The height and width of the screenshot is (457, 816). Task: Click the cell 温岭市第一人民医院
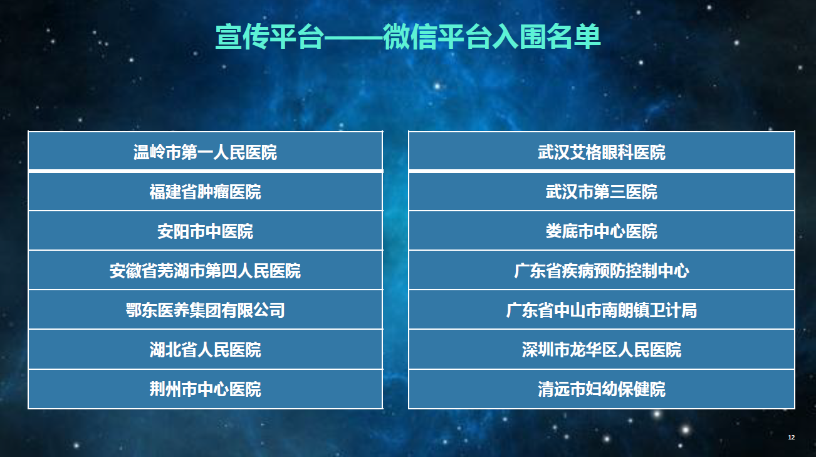click(206, 151)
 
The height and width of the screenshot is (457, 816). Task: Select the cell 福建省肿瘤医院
click(206, 192)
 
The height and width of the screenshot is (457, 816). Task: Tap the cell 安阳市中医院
click(206, 231)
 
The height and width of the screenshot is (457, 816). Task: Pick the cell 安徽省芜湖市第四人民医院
click(206, 270)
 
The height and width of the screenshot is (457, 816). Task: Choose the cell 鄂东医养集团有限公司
click(206, 310)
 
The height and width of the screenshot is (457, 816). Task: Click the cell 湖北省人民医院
click(206, 350)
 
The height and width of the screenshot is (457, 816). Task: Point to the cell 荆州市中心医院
click(206, 389)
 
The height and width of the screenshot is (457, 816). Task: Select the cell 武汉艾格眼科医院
click(602, 151)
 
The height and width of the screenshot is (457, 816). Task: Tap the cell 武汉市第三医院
click(602, 192)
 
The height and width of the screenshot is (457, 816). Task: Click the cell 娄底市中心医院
click(602, 231)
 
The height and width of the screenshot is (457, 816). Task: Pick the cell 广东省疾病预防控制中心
click(602, 270)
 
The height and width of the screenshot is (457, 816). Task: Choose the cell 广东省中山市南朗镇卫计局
click(602, 310)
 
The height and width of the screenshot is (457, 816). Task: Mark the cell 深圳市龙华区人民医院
click(602, 350)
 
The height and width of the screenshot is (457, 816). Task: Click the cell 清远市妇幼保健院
click(602, 389)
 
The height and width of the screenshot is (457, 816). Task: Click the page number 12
click(791, 438)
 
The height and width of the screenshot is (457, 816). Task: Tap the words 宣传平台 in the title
click(269, 36)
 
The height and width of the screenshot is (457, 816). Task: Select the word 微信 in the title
click(409, 36)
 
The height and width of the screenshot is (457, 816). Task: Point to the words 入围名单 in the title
click(546, 36)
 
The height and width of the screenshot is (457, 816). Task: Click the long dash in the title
click(353, 37)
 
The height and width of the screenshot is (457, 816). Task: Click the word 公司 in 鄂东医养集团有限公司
click(269, 310)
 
